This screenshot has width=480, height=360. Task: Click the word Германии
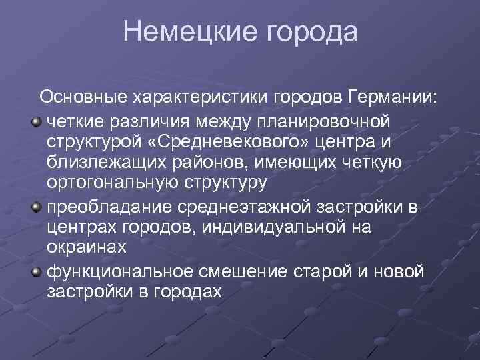tap(393, 97)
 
